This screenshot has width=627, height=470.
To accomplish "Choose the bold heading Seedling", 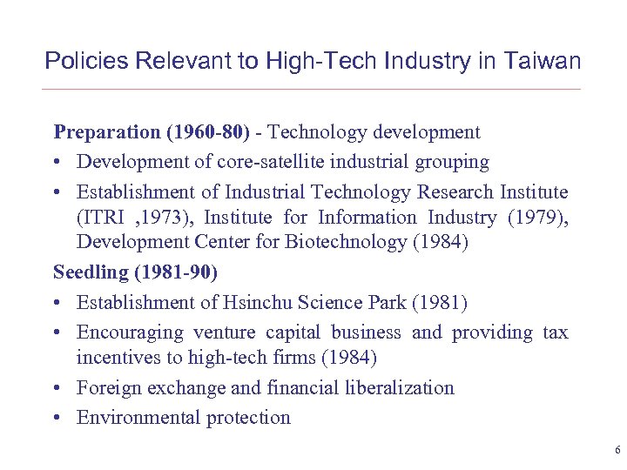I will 91,272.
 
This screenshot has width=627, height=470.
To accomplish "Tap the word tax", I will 553,332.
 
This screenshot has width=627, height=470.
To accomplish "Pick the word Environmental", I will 138,417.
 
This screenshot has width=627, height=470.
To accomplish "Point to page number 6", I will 617,451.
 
